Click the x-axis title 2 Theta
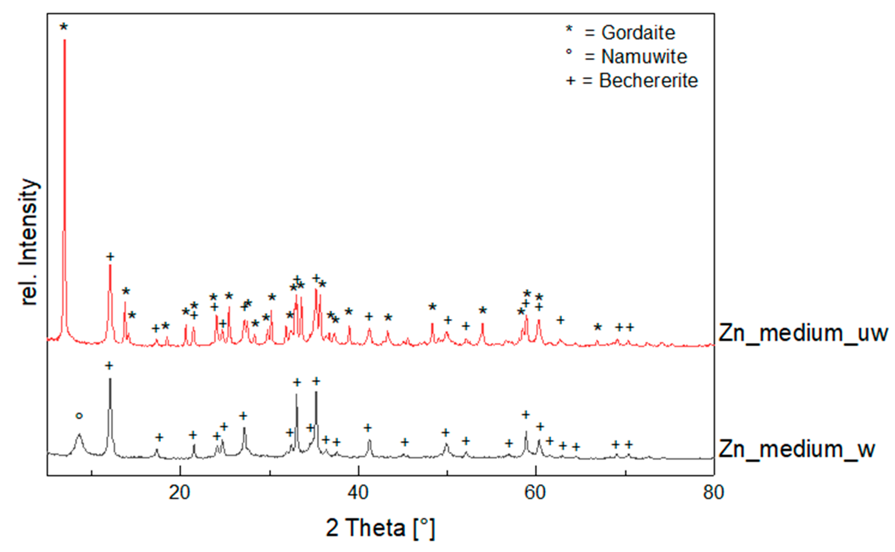380,528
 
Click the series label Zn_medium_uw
803,333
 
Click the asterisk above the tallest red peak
64,27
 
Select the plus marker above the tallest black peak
109,365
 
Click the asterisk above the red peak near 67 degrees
597,327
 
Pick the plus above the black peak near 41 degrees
368,428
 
